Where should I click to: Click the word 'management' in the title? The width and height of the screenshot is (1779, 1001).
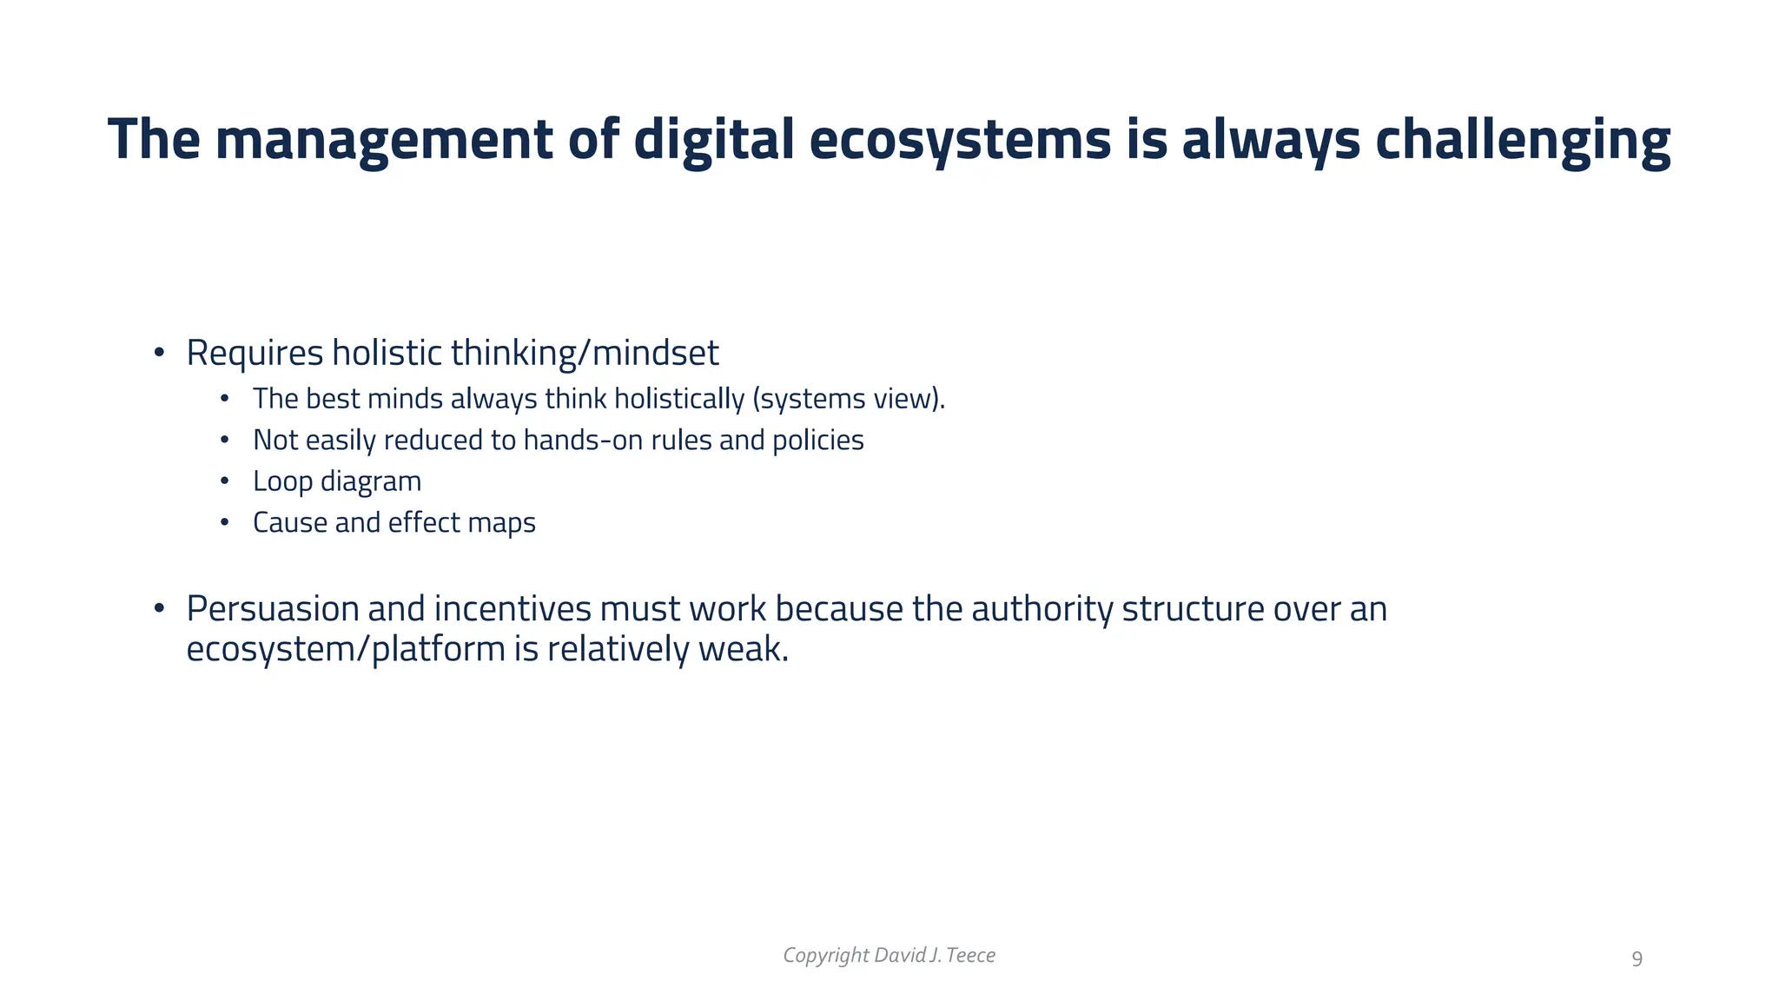pyautogui.click(x=383, y=139)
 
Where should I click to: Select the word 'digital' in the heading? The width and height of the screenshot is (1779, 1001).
pyautogui.click(x=713, y=139)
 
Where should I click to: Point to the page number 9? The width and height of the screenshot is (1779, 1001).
pyautogui.click(x=1637, y=959)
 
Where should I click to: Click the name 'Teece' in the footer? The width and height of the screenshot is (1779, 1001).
pyautogui.click(x=970, y=955)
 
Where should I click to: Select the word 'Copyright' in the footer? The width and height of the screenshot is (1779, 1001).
pyautogui.click(x=826, y=955)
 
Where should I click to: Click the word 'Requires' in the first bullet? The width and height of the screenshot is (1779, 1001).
pyautogui.click(x=255, y=353)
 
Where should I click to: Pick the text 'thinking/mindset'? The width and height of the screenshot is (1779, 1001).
pyautogui.click(x=585, y=353)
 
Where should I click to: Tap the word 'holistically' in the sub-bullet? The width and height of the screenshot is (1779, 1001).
pyautogui.click(x=679, y=399)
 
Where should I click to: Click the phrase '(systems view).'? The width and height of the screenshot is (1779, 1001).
pyautogui.click(x=849, y=399)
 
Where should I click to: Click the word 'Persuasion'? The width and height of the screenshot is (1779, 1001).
pyautogui.click(x=273, y=608)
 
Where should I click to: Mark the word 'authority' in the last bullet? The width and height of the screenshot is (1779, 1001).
pyautogui.click(x=1042, y=608)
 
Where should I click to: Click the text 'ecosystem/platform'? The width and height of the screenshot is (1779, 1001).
pyautogui.click(x=346, y=649)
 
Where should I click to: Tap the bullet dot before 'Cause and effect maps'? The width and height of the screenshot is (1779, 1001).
pyautogui.click(x=224, y=523)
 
